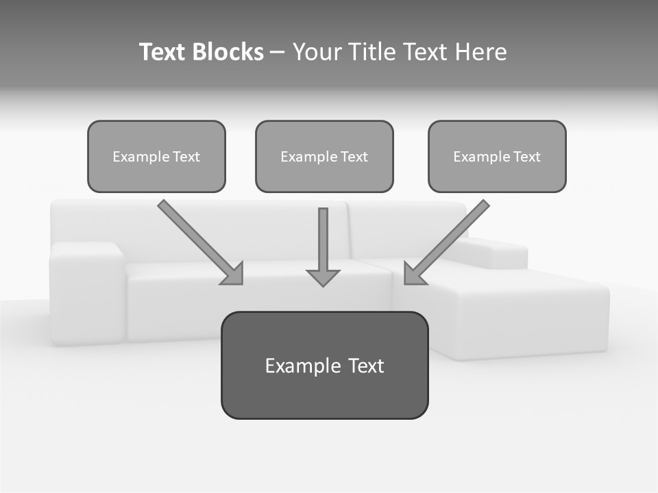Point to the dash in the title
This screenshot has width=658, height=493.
tap(278, 53)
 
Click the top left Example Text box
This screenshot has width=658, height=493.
tap(156, 156)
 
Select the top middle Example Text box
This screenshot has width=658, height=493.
tap(324, 156)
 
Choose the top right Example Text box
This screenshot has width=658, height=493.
tap(497, 156)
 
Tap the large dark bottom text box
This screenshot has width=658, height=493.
tap(324, 365)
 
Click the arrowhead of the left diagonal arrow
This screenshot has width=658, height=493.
tap(233, 274)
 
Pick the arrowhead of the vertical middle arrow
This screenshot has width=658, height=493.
tap(323, 277)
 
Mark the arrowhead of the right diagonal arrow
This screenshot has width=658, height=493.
tap(413, 274)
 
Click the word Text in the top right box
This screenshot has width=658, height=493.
tap(526, 157)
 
